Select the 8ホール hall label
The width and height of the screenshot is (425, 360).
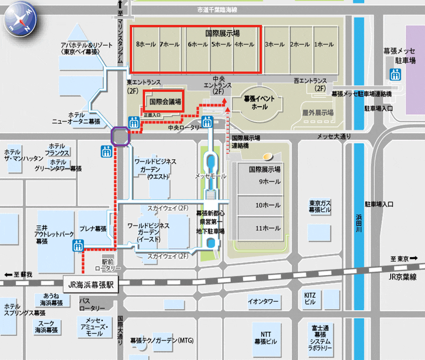coord(146,45)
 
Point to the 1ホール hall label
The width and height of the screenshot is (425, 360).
coord(324,45)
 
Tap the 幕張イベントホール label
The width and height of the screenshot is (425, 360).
coord(259,102)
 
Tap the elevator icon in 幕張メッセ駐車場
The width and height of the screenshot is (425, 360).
coord(395,73)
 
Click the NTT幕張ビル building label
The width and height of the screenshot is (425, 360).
coord(266,338)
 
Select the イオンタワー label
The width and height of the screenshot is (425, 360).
coord(263,302)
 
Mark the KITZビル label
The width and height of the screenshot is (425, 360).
coord(310,299)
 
